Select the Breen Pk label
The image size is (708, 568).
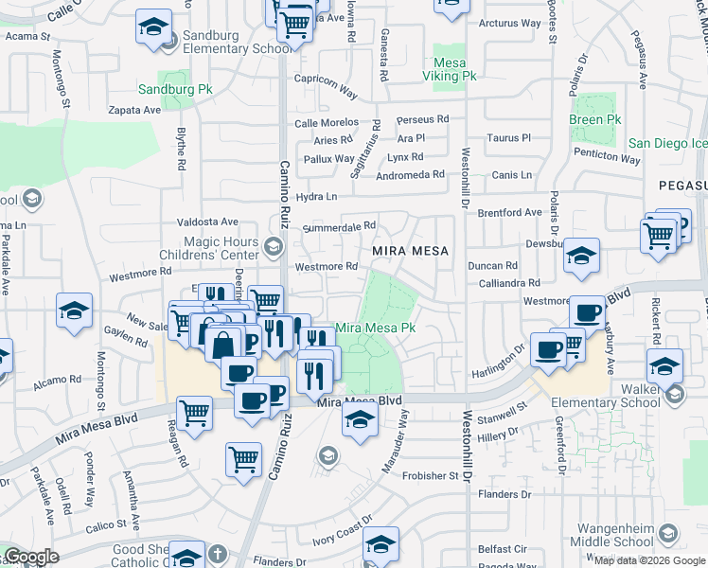pos(594,120)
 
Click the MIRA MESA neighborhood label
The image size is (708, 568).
pos(409,250)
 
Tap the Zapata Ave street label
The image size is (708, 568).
pos(134,110)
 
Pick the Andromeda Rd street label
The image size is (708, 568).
pos(411,174)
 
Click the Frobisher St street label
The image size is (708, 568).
pos(431,475)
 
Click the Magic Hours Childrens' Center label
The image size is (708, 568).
pos(221,249)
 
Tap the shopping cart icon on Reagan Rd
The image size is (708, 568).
pos(194,412)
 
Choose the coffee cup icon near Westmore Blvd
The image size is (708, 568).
pos(587,313)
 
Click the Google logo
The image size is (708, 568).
pos(30,558)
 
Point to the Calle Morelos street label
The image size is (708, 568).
pos(327,123)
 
